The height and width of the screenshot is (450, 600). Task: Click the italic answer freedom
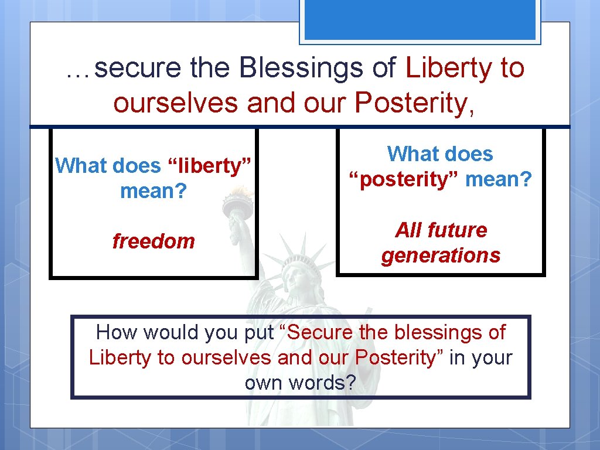(154, 241)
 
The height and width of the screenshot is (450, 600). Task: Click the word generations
(441, 255)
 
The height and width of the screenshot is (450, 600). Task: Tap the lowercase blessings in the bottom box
(437, 333)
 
